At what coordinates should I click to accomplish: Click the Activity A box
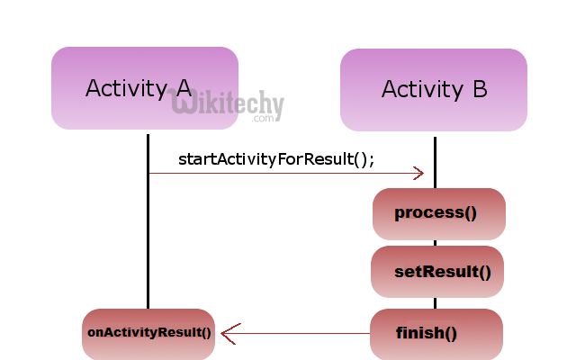[x=144, y=88]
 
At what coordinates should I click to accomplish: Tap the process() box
[x=439, y=214]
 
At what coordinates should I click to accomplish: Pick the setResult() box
[x=437, y=272]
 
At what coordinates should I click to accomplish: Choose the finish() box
[x=436, y=334]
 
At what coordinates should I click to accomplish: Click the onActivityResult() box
[x=148, y=334]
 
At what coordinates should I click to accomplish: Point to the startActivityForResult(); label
[x=276, y=158]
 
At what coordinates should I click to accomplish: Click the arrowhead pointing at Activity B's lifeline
[x=418, y=173]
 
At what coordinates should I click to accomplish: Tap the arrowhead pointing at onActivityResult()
[x=228, y=334]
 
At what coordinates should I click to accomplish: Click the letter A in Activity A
[x=183, y=88]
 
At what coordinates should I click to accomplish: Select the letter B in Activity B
[x=479, y=90]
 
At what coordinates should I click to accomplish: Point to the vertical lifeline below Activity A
[x=148, y=234]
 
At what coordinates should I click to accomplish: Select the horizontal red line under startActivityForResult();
[x=279, y=173]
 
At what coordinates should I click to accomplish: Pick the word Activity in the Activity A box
[x=126, y=88]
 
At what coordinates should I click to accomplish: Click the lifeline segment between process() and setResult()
[x=436, y=243]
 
